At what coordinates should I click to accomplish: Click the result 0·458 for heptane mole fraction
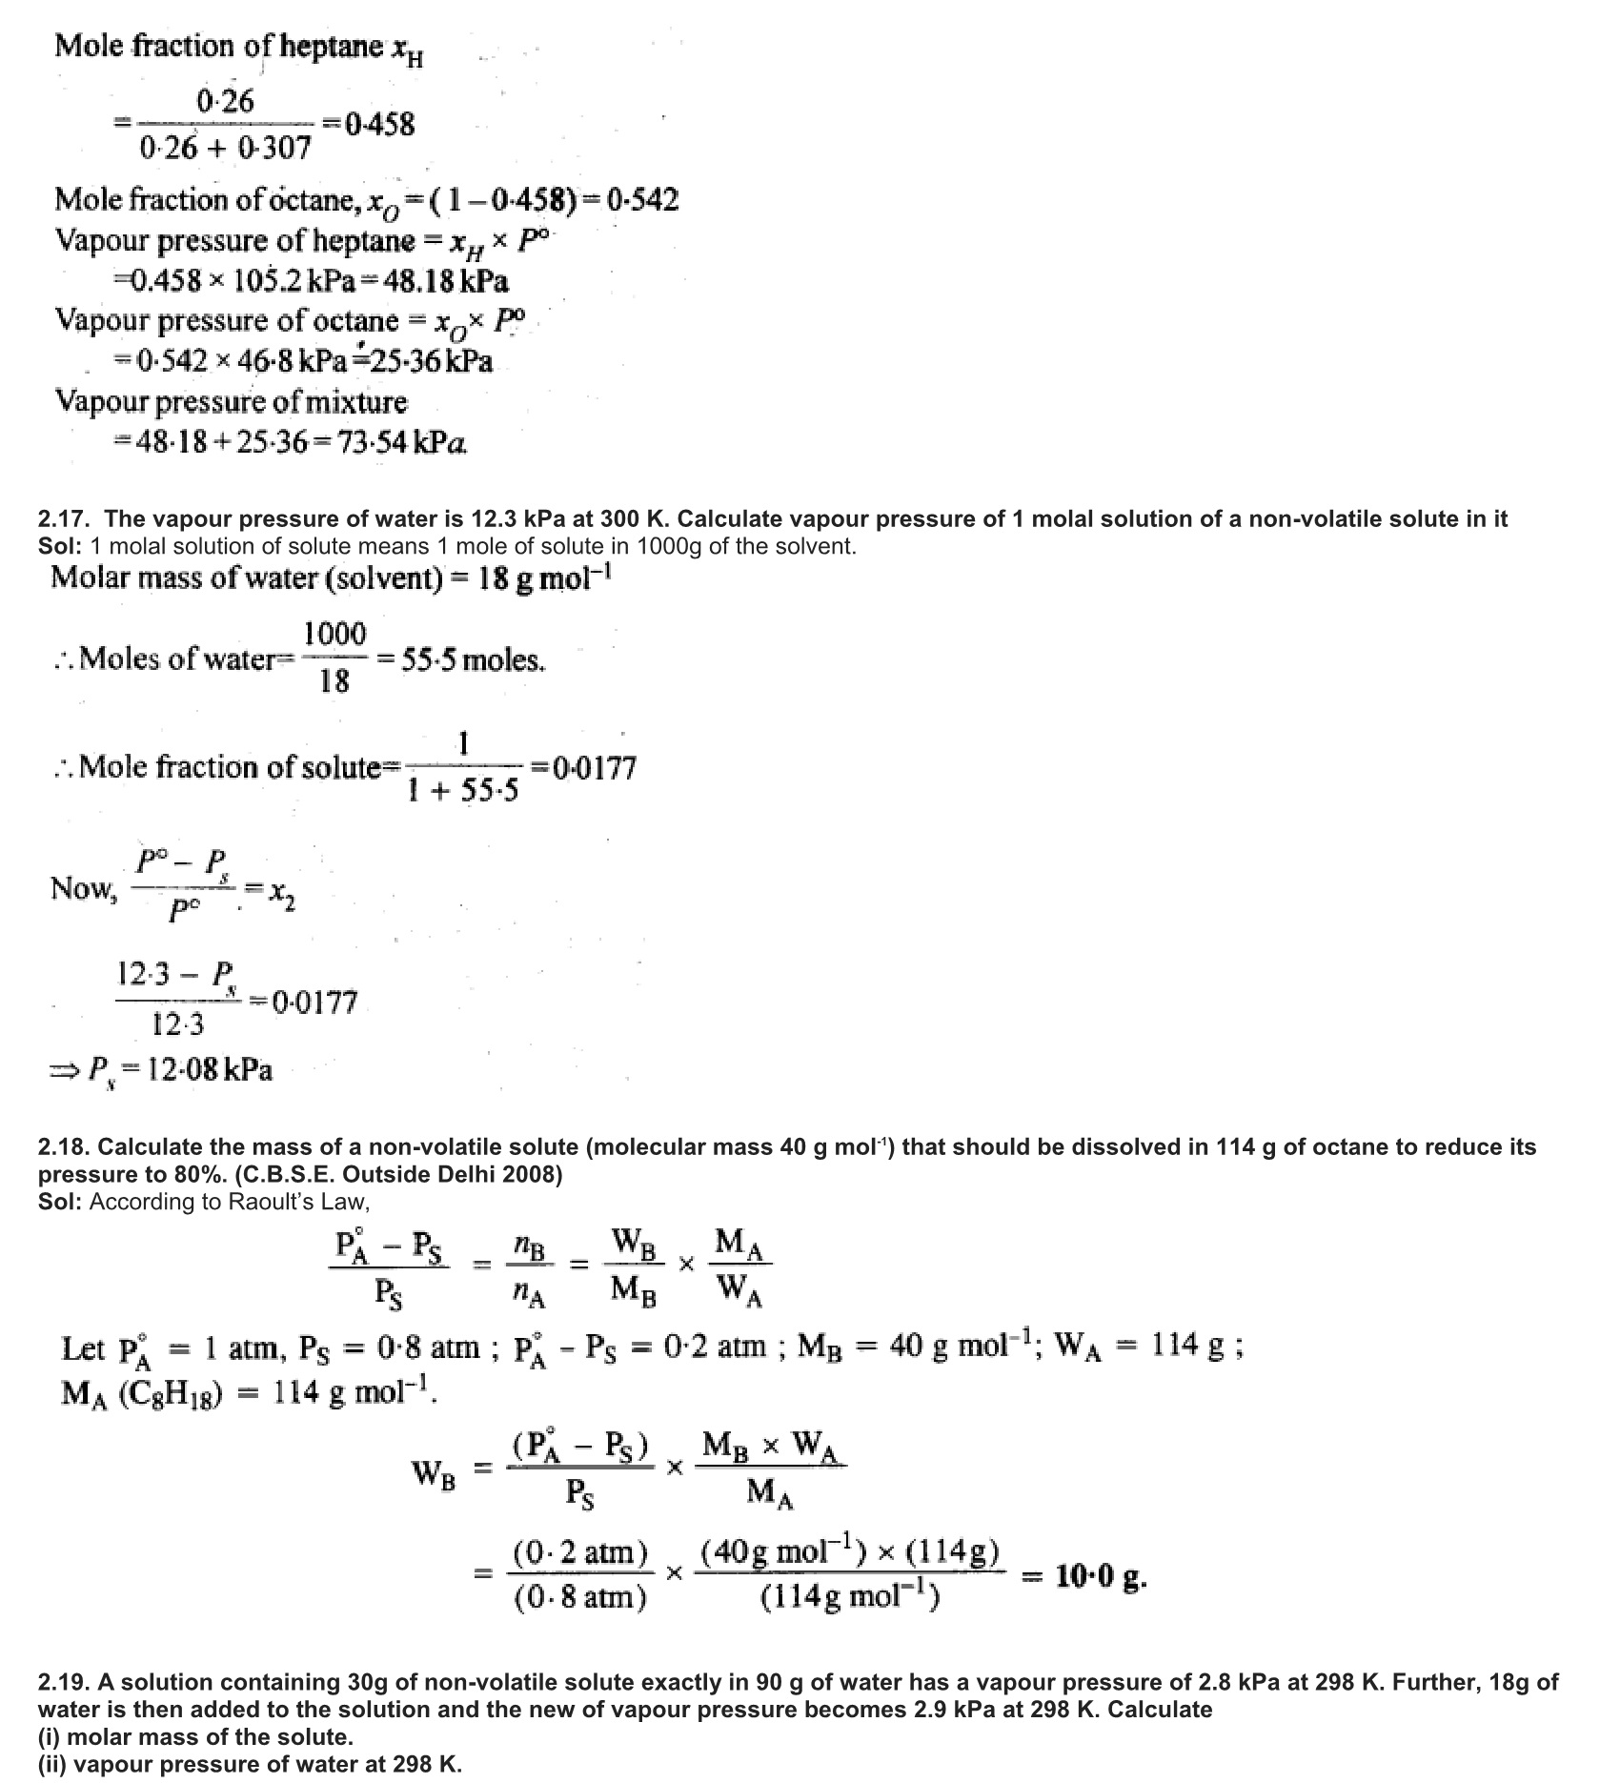[379, 125]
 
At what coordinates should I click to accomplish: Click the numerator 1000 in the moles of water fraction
[334, 635]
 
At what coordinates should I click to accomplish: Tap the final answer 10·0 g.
[1100, 1577]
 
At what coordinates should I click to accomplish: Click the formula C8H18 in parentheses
[171, 1394]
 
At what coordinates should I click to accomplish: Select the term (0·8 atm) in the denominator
[580, 1596]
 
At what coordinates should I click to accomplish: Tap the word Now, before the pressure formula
[84, 888]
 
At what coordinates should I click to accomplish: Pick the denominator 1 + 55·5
[463, 791]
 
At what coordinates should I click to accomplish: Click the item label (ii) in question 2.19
[51, 1764]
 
